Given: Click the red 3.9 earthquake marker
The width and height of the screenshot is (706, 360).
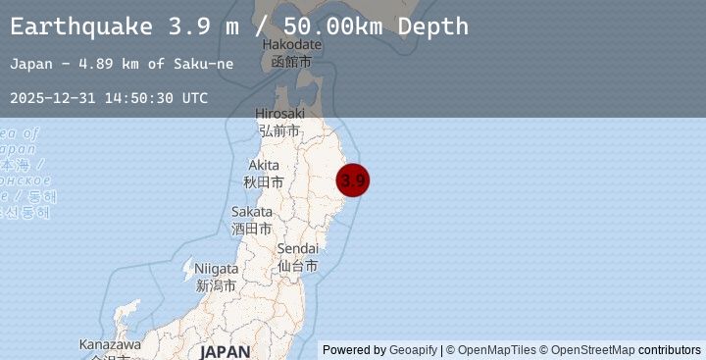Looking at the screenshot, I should click(353, 180).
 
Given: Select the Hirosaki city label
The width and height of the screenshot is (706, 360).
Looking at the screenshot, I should click(279, 122).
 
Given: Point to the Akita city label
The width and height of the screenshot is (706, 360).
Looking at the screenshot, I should click(264, 173).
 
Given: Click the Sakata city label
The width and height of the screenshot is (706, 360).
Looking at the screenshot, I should click(252, 220).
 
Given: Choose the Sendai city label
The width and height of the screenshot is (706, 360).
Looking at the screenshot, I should click(297, 257).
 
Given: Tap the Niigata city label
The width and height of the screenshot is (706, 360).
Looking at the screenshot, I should click(216, 277).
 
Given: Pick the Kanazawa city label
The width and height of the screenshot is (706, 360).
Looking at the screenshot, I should click(110, 345).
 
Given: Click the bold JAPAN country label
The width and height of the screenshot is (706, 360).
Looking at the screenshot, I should click(225, 351).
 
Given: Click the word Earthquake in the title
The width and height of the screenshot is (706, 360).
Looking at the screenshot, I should click(81, 26).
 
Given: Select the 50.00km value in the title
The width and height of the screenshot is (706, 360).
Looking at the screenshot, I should click(299, 26).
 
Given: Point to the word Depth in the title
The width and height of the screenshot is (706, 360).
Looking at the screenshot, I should click(427, 26).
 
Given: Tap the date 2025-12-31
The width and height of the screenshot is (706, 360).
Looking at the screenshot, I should click(49, 98).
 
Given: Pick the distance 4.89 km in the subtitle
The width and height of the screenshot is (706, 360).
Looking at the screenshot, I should click(108, 64).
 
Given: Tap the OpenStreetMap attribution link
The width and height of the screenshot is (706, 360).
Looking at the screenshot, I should click(592, 350).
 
